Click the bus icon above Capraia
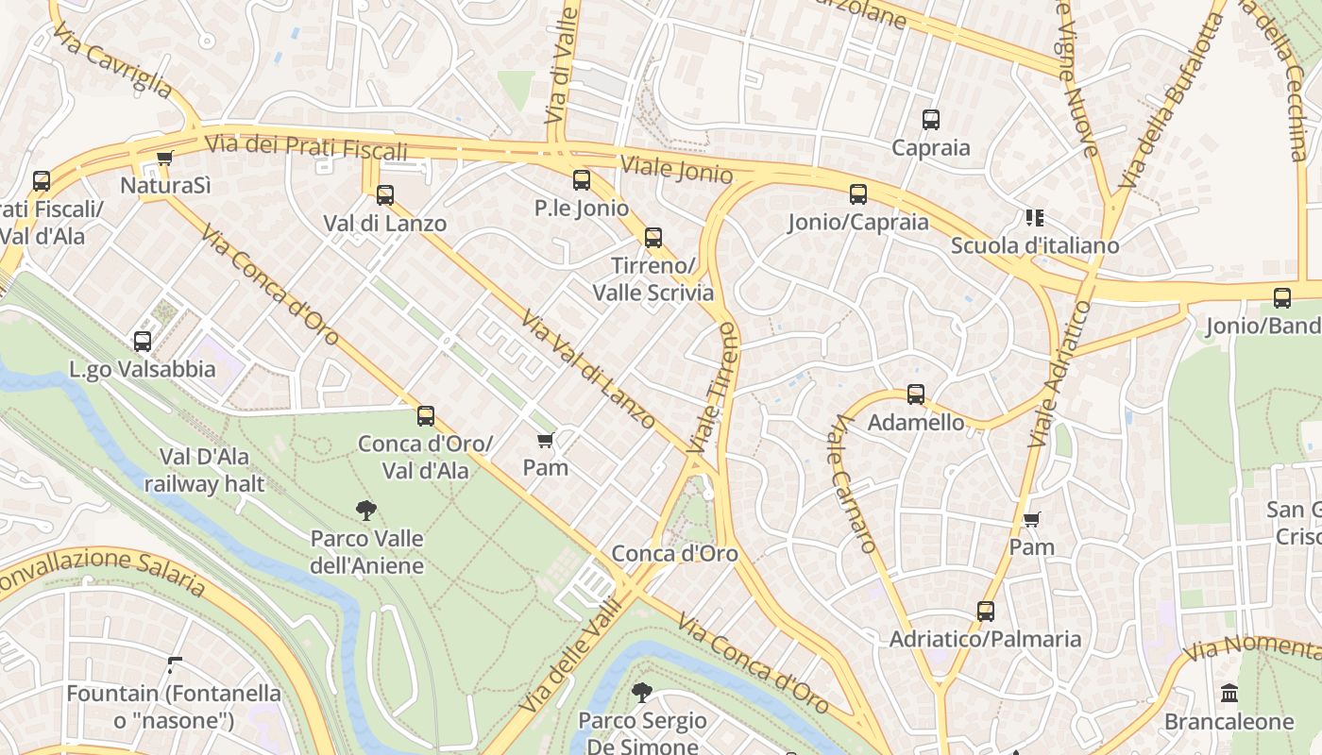pyautogui.click(x=931, y=120)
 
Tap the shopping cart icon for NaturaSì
pyautogui.click(x=165, y=159)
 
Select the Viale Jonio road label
pyautogui.click(x=676, y=170)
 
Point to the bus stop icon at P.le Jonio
pyautogui.click(x=582, y=180)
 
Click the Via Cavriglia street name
pyautogui.click(x=112, y=61)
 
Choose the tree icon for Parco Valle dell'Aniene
pyautogui.click(x=366, y=512)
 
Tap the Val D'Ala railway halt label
pyautogui.click(x=204, y=471)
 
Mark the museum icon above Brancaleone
pyautogui.click(x=1229, y=694)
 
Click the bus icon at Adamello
pyautogui.click(x=916, y=394)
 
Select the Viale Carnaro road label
pyautogui.click(x=851, y=484)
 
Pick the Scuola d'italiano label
pyautogui.click(x=1034, y=245)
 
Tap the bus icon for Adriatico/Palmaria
pyautogui.click(x=986, y=612)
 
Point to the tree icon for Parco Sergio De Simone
pyautogui.click(x=642, y=693)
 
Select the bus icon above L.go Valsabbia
pyautogui.click(x=143, y=342)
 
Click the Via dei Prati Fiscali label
pyautogui.click(x=306, y=147)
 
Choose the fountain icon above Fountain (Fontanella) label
pyautogui.click(x=174, y=665)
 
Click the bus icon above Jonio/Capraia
pyautogui.click(x=858, y=194)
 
